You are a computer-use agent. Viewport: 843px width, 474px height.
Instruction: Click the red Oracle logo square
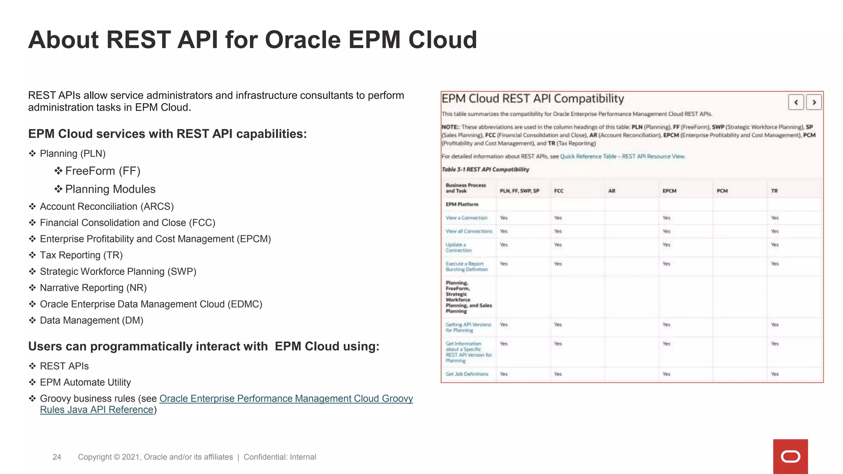coord(790,456)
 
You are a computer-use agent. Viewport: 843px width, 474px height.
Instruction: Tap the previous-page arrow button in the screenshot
coord(796,102)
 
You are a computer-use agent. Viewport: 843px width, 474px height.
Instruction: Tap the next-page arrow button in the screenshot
coord(814,102)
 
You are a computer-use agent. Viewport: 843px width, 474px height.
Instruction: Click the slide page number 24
coord(57,457)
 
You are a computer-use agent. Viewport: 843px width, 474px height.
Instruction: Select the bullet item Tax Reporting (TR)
coord(81,255)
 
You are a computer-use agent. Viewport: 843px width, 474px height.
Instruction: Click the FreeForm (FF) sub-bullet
coord(102,171)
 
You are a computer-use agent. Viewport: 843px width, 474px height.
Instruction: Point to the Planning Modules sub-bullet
coord(110,189)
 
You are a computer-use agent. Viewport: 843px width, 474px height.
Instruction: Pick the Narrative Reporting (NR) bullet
coord(93,288)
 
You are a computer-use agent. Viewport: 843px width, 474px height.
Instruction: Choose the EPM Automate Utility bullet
coord(85,382)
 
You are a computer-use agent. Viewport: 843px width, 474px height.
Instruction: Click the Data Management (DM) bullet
coord(91,320)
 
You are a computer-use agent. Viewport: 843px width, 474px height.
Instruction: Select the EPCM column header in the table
coord(669,191)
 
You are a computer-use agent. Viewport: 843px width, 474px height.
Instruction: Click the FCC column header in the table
coord(559,191)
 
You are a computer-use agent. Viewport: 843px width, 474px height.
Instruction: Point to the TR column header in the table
coord(774,191)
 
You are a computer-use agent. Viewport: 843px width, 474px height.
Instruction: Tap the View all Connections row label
coord(468,231)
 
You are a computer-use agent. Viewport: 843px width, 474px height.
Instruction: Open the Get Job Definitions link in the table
coord(467,374)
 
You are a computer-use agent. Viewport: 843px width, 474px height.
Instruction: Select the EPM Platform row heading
coord(462,204)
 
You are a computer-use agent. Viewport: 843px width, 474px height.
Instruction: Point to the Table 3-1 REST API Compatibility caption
coord(485,170)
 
